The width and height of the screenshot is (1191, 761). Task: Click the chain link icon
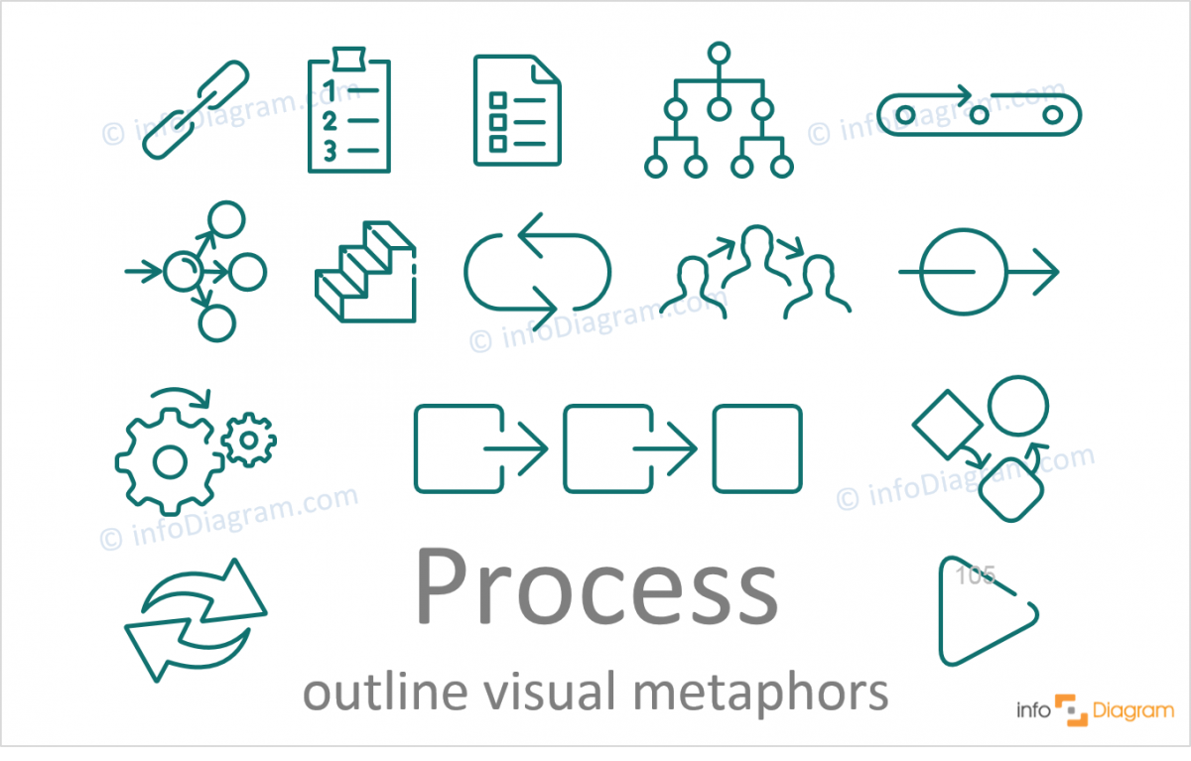[x=197, y=109]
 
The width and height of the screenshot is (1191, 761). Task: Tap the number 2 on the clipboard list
[x=330, y=122]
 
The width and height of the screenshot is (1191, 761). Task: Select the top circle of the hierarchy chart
[x=719, y=54]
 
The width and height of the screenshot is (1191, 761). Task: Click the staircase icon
[x=365, y=272]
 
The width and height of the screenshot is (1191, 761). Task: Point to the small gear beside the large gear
[x=249, y=440]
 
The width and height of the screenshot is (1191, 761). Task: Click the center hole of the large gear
[x=170, y=461]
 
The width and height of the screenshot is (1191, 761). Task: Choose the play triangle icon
[x=988, y=611]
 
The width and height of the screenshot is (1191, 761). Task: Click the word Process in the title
[x=597, y=587]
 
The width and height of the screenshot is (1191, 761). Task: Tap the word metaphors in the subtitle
[x=761, y=693]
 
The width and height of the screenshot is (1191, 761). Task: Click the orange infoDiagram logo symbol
[x=1071, y=710]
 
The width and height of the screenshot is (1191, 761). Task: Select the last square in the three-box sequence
[x=757, y=449]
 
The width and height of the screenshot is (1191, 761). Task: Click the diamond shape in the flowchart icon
[x=948, y=425]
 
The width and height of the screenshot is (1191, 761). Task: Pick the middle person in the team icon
[x=756, y=255]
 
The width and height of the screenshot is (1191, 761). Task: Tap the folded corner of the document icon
[x=546, y=70]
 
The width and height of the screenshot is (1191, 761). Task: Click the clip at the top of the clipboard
[x=348, y=59]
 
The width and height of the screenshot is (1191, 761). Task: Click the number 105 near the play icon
[x=976, y=575]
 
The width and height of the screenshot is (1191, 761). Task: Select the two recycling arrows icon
[x=196, y=620]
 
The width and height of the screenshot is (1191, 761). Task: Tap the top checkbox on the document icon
[x=498, y=100]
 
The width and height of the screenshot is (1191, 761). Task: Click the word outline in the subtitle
[x=385, y=692]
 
